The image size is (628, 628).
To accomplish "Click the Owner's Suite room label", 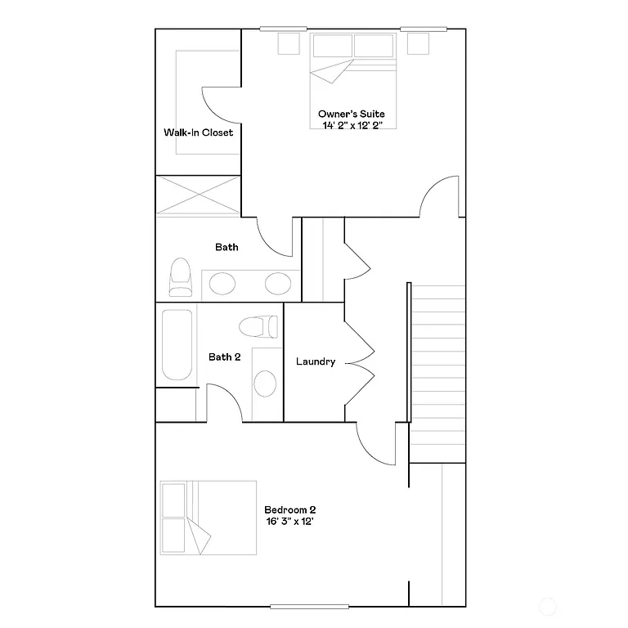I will point(352,114).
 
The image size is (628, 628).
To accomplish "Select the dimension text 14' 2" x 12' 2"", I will point(352,124).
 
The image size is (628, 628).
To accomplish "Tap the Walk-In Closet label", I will point(198,132).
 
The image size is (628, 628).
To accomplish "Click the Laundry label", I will point(315,361).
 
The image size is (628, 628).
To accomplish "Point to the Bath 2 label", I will point(224,357).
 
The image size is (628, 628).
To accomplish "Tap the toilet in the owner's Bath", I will point(180,278).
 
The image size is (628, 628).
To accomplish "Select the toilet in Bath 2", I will point(259,326).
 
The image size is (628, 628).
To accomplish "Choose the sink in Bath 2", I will point(265,383).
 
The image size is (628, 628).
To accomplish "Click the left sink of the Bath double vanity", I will point(222,284).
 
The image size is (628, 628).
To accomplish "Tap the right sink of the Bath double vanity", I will point(277,284).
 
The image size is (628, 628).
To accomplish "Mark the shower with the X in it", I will point(199,196).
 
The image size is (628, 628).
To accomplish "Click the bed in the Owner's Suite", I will point(352,59).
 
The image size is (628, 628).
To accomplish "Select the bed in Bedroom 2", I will point(208,518).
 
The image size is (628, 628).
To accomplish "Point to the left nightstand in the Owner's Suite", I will point(289,43).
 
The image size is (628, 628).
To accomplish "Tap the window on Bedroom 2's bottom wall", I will point(310,607).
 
